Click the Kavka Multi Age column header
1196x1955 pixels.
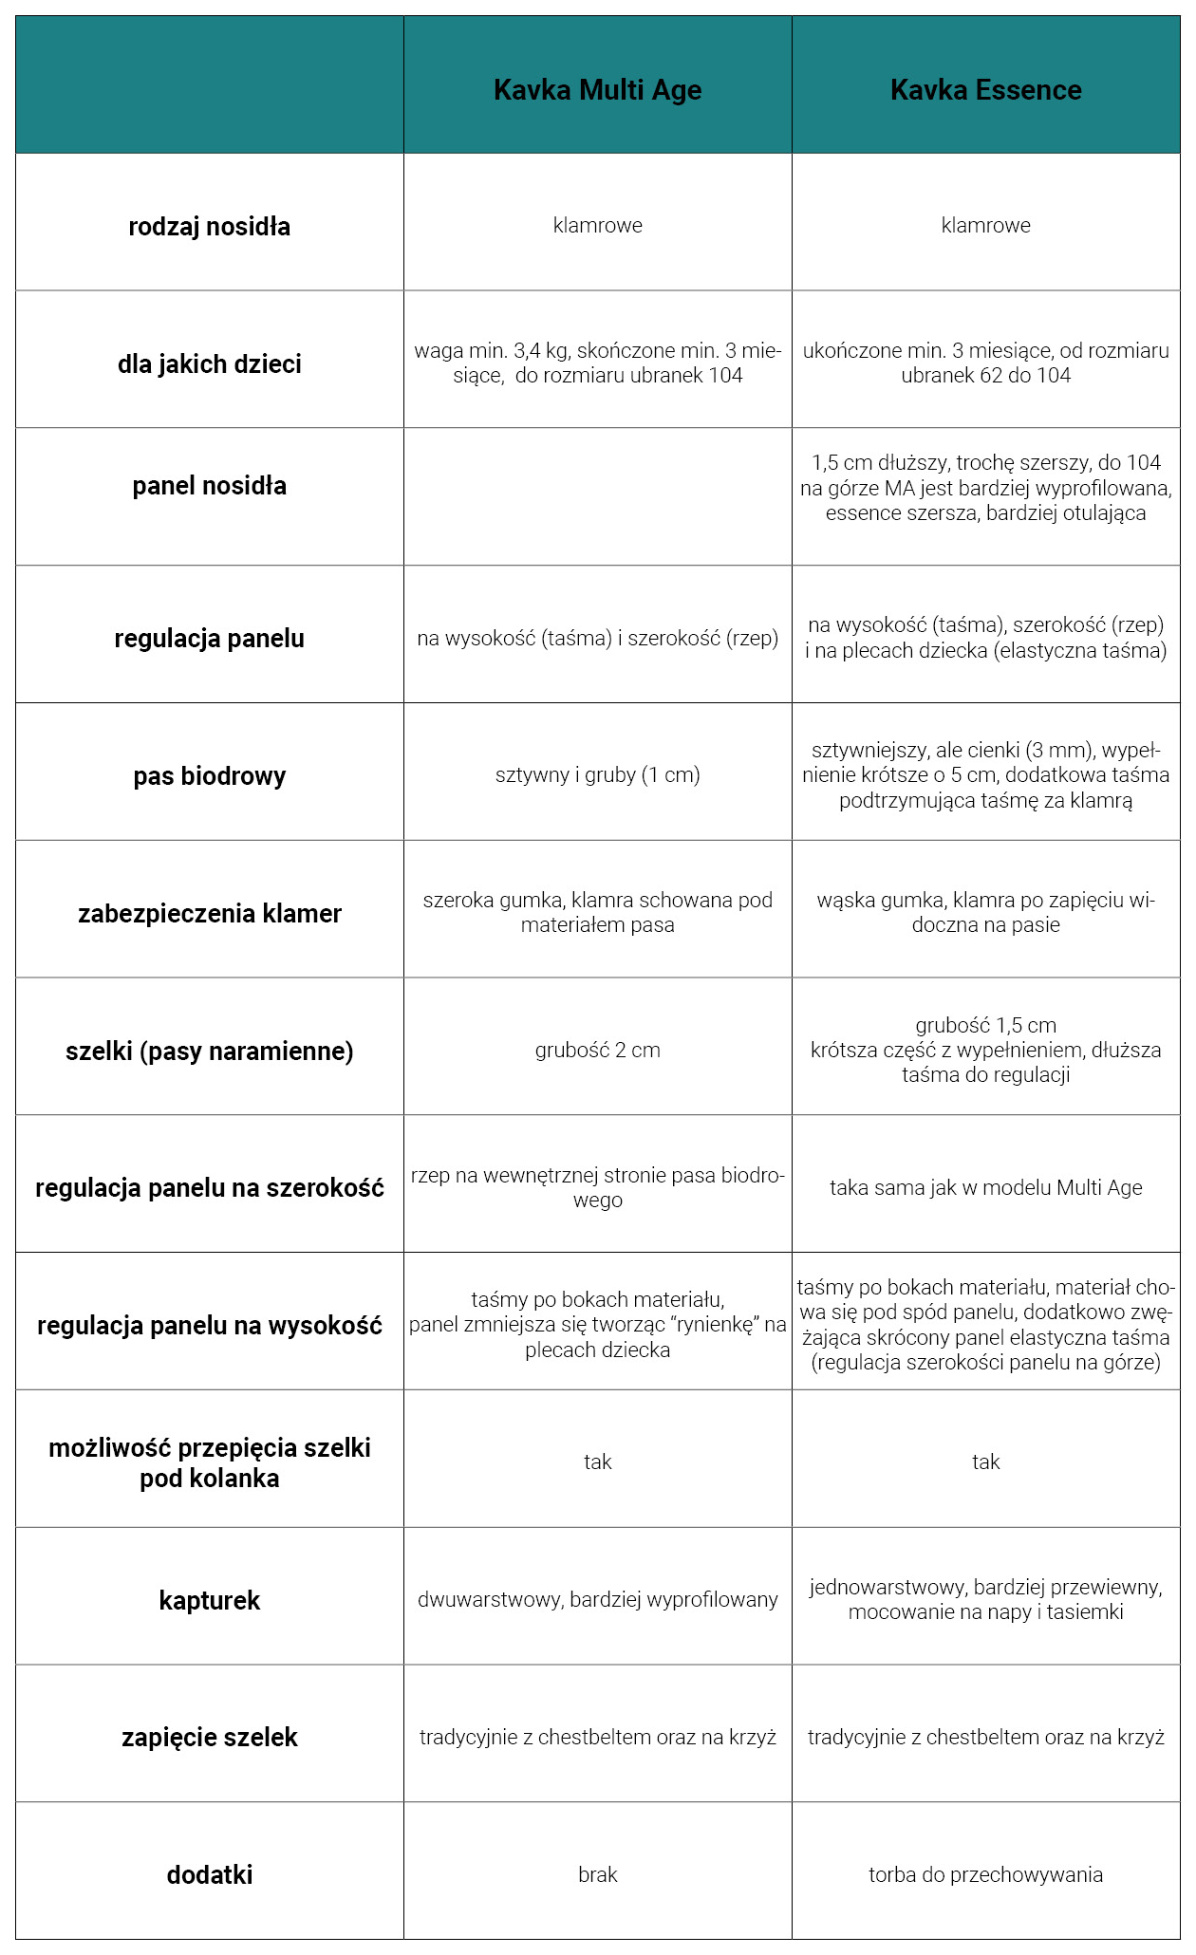(597, 90)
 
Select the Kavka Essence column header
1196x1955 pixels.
(985, 90)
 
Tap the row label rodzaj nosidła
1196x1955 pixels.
(209, 227)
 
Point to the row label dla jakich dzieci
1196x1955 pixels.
(209, 364)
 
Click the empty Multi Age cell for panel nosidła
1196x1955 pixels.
(597, 496)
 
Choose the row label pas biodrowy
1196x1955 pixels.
(209, 776)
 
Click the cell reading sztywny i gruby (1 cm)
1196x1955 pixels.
(597, 775)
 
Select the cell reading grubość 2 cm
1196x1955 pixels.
(597, 1051)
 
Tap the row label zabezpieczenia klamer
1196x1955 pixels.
(209, 914)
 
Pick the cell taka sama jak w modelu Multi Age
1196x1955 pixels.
(985, 1188)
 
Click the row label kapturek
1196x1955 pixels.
(209, 1601)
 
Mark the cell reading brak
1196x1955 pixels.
(597, 1875)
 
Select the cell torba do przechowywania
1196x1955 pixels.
(985, 1875)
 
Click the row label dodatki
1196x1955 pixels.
(209, 1875)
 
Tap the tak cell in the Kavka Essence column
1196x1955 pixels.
(985, 1462)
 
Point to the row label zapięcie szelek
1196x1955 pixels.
(209, 1738)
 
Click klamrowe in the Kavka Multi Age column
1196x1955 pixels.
(597, 226)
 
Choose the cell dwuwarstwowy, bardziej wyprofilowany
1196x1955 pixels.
(597, 1600)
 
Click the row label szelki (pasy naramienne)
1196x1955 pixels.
(209, 1052)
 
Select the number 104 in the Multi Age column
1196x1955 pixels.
(725, 376)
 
